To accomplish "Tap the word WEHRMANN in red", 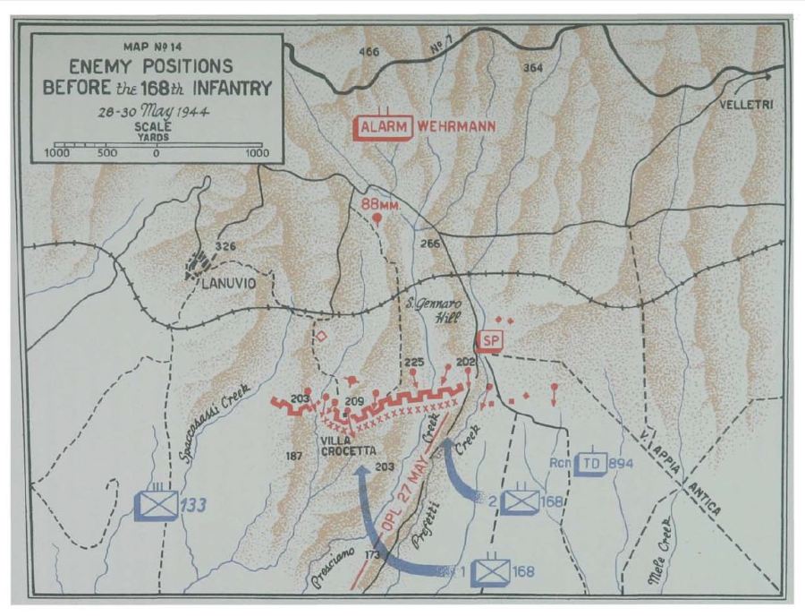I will click(453, 127).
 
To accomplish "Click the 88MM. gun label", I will click(379, 203).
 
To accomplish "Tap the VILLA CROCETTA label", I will click(343, 446).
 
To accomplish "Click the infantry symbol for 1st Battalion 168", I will click(490, 570).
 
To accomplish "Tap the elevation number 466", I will click(369, 52).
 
